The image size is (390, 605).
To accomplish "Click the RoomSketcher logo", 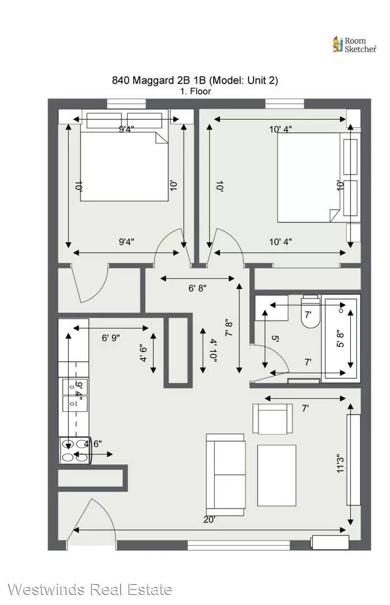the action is coord(354,45).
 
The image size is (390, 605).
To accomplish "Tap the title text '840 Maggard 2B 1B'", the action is coord(159,80).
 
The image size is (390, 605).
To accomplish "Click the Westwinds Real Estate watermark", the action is coord(90,589).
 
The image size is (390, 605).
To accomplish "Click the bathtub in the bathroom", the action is coord(341,338).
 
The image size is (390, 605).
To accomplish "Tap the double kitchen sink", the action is coord(75,395).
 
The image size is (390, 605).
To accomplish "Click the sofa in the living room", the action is coord(225,474).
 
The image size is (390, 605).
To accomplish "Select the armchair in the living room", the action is coord(272,418).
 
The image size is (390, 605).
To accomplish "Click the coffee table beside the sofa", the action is coord(277,476).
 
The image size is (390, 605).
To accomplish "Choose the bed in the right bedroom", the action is coord(318,178).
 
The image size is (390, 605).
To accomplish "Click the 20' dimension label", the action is coord(209,519).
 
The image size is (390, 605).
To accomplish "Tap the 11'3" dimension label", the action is coord(340,463).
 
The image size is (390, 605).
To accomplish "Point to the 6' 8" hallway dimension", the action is coord(198,288).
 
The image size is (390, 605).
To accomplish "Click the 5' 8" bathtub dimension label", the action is coord(340,338).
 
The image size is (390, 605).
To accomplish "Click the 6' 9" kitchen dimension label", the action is coord(111,338).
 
